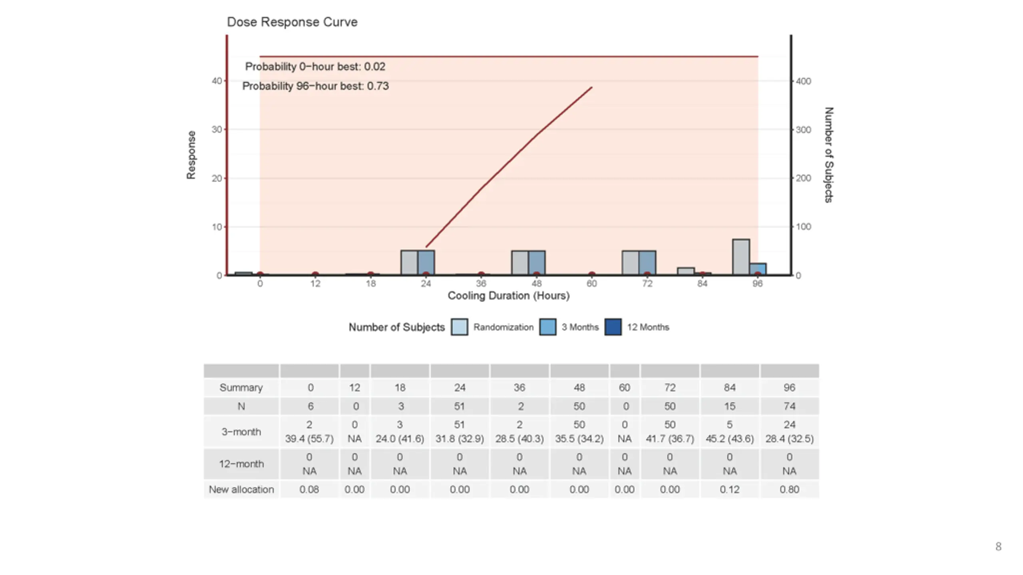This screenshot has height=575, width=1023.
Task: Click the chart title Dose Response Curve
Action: [x=292, y=22]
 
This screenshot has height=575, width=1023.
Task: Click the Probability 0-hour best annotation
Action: [x=315, y=67]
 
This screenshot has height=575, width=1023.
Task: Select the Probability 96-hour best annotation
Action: [x=315, y=86]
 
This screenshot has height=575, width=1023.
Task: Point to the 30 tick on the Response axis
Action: [x=217, y=129]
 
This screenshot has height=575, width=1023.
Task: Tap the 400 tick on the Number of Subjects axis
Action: [x=803, y=81]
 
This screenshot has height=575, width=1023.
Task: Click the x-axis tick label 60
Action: [x=591, y=284]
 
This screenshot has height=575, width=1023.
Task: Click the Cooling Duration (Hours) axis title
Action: [x=508, y=296]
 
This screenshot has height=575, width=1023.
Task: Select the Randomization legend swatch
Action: [x=460, y=327]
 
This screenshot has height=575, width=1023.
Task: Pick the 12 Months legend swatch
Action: [x=613, y=327]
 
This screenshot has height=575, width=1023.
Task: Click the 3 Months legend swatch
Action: [x=547, y=327]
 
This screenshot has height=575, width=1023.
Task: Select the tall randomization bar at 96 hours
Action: [x=741, y=257]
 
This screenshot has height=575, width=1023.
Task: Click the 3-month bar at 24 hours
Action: [x=426, y=262]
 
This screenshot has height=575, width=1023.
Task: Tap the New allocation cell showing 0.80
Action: [x=789, y=490]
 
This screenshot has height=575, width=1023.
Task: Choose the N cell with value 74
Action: [x=789, y=406]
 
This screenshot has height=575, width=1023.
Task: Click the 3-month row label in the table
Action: [x=241, y=432]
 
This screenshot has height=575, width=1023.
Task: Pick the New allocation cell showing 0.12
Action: [x=729, y=490]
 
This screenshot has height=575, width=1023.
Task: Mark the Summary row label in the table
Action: [x=241, y=388]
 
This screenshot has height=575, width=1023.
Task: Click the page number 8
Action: [x=998, y=547]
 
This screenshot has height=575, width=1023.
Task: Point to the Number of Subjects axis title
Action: [x=829, y=155]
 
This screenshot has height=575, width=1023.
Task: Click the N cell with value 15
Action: [x=729, y=406]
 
